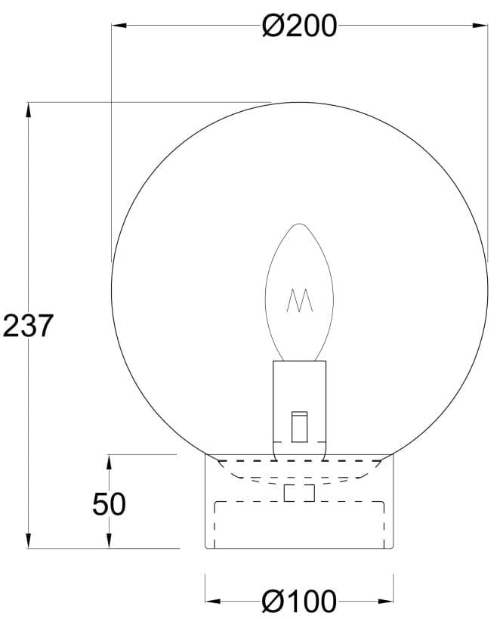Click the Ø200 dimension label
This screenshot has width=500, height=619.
(299, 26)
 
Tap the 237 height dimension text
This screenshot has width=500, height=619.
(29, 326)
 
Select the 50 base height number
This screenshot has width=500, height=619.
(109, 503)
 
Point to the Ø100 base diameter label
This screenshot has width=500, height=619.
(299, 602)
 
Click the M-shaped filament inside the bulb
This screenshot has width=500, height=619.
(300, 301)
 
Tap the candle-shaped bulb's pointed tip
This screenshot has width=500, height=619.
(300, 225)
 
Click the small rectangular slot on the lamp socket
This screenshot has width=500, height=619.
(299, 426)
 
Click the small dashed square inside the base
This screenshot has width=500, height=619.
(299, 493)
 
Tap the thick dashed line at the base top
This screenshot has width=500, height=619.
(299, 460)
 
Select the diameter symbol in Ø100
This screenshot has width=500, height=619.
(272, 602)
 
